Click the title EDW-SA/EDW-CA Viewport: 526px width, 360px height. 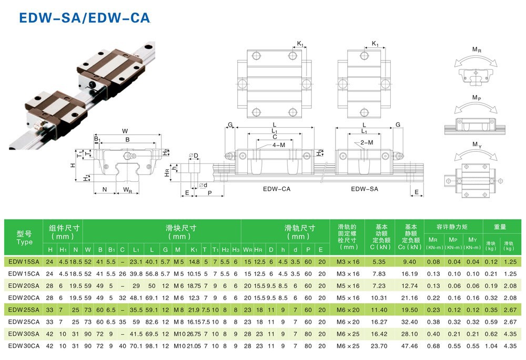[85, 18]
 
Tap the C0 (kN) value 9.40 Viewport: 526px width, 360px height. [409, 262]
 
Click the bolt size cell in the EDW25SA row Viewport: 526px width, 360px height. [349, 310]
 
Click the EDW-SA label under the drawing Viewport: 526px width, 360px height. [365, 189]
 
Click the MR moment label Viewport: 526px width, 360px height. [477, 50]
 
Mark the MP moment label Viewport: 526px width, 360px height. [477, 98]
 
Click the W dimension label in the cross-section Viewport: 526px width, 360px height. [125, 131]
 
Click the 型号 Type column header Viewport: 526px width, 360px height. [24, 238]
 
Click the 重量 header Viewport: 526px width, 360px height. [500, 227]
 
